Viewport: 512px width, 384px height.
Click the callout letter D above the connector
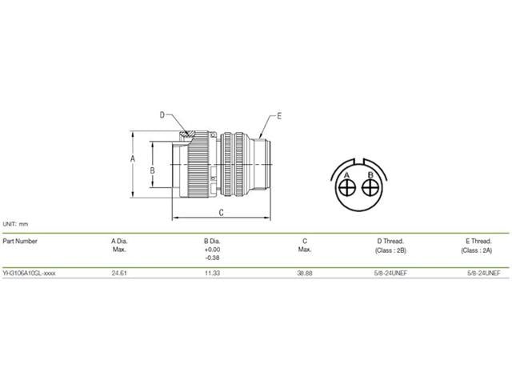[x=162, y=115]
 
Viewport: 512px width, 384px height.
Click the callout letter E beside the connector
[x=279, y=116]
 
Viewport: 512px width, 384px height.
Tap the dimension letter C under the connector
[x=221, y=213]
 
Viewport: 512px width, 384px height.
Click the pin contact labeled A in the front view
[x=348, y=188]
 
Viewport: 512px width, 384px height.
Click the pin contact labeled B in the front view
[x=370, y=188]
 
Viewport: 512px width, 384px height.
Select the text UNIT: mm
[x=16, y=224]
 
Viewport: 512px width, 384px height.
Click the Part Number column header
[x=20, y=240]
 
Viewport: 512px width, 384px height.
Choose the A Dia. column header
[x=119, y=240]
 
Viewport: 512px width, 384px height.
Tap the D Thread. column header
[x=390, y=240]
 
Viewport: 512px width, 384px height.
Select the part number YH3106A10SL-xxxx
[x=30, y=273]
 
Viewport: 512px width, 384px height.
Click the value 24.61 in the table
[x=119, y=273]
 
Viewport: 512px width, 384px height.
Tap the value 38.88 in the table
[x=305, y=273]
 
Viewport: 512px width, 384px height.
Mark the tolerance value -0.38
[x=212, y=258]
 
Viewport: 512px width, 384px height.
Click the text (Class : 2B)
[x=390, y=250]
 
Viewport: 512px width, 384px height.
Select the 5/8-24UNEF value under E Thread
[x=482, y=273]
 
